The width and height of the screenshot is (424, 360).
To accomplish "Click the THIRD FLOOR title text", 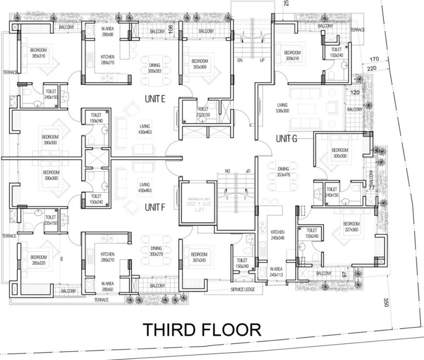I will (202, 330).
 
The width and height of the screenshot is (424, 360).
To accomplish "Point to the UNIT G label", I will (287, 139).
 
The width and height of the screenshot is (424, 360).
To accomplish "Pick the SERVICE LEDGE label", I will (243, 290).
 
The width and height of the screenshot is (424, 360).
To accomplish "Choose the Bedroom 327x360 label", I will (351, 227).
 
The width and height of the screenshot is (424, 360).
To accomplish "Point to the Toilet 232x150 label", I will (203, 112).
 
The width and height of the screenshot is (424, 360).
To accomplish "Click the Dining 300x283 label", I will (154, 68).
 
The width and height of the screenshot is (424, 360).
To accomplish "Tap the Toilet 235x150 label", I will (50, 220).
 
